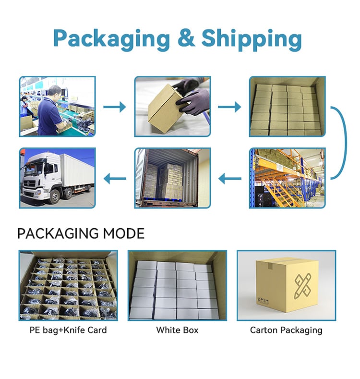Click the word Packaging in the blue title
click(x=112, y=39)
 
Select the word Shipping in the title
click(x=252, y=39)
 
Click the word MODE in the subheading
click(x=123, y=233)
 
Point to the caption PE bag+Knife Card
click(x=68, y=330)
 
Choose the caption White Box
click(x=177, y=330)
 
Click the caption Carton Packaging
click(x=286, y=330)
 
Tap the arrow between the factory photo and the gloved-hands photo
click(x=115, y=107)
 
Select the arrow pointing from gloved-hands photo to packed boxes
click(x=229, y=107)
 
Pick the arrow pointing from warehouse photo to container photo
click(x=229, y=179)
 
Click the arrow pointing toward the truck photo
click(x=115, y=179)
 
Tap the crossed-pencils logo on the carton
click(x=303, y=286)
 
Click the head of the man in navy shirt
click(x=54, y=93)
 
